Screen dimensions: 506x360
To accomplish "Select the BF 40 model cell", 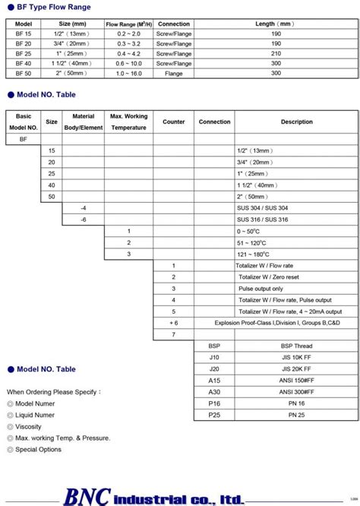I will pos(24,64).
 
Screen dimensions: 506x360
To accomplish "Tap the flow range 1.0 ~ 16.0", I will pos(128,74).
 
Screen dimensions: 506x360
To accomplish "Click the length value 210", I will pos(275,54).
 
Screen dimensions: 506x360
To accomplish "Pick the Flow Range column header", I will pos(128,24).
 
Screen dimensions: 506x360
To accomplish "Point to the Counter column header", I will pos(174,122).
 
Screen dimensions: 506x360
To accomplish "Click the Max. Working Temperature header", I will pos(128,122).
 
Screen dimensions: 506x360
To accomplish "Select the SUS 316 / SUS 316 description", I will pos(262,219).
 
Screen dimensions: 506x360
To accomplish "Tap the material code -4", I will pos(84,207).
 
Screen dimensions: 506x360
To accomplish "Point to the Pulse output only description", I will pos(261,289).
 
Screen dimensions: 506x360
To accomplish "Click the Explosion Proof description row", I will pos(275,323).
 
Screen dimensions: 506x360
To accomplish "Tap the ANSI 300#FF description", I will pos(275,392).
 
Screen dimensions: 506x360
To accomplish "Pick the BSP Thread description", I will pos(275,346).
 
